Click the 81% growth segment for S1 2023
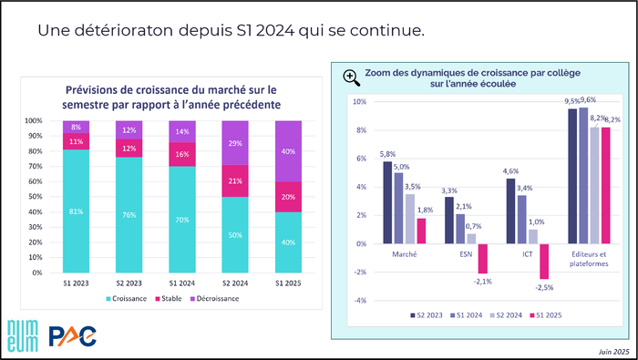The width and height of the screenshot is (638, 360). pyautogui.click(x=76, y=211)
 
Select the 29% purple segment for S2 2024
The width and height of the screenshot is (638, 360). pyautogui.click(x=235, y=143)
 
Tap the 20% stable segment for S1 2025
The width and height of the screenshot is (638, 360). pyautogui.click(x=288, y=197)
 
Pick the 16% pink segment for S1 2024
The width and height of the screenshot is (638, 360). pyautogui.click(x=182, y=154)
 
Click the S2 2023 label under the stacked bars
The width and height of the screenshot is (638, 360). pyautogui.click(x=129, y=283)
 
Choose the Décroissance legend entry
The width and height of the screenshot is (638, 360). pyautogui.click(x=214, y=299)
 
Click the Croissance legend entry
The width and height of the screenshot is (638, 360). pyautogui.click(x=126, y=299)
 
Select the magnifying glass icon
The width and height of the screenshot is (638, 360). pyautogui.click(x=352, y=77)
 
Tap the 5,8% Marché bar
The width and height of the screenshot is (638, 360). pyautogui.click(x=387, y=202)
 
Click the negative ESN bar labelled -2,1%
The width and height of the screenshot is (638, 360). pyautogui.click(x=482, y=259)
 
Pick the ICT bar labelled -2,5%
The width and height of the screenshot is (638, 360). pyautogui.click(x=544, y=262)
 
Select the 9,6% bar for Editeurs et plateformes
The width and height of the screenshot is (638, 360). pyautogui.click(x=583, y=176)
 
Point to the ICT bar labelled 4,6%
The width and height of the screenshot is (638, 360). pyautogui.click(x=510, y=211)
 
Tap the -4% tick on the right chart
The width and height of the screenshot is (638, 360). pyautogui.click(x=359, y=301)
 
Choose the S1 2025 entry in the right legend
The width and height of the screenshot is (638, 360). pyautogui.click(x=546, y=315)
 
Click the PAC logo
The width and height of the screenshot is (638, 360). pyautogui.click(x=72, y=336)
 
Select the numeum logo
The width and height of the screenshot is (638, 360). pyautogui.click(x=23, y=335)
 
